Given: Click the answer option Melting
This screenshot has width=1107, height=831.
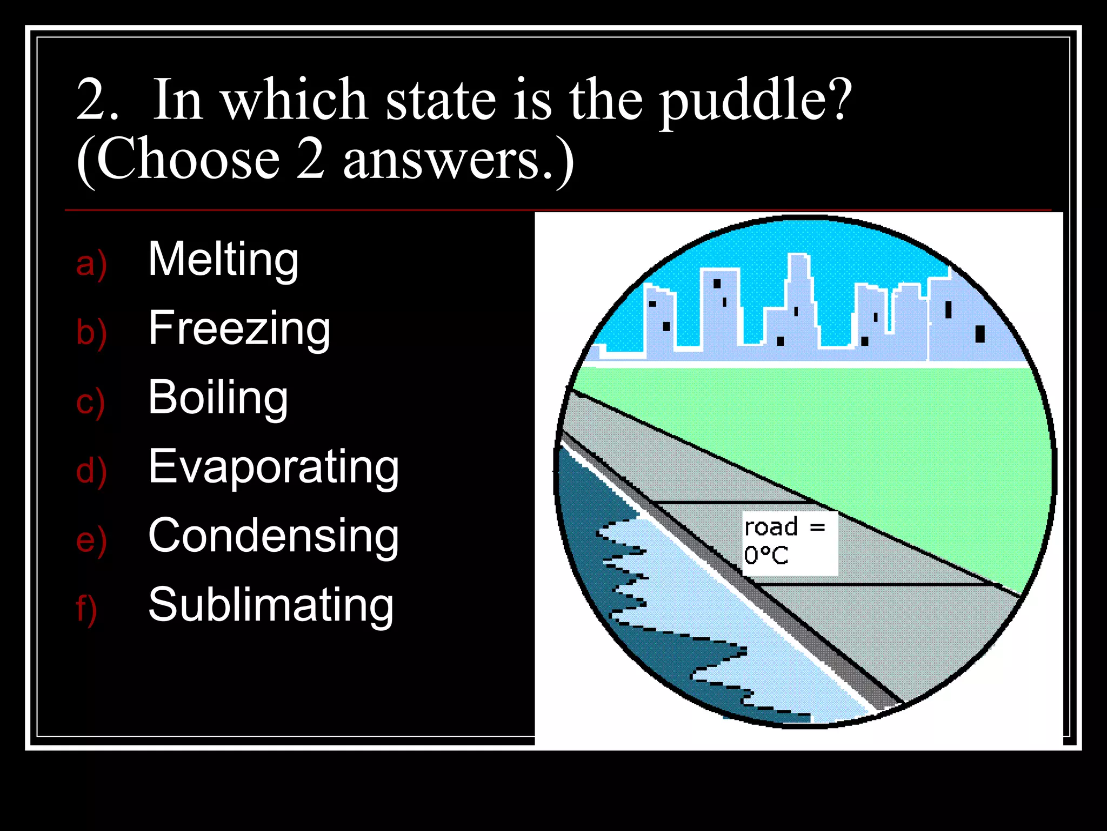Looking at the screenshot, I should [223, 260].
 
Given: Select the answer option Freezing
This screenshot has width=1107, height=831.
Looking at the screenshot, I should [239, 328].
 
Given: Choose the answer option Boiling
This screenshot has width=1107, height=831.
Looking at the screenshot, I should [218, 398].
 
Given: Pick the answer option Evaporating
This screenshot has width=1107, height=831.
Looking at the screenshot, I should [274, 467].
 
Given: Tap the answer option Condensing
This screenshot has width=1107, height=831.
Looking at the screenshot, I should [274, 536].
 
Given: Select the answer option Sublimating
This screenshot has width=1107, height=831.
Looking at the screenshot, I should [271, 605].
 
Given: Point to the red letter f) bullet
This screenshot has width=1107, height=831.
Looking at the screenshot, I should [86, 609].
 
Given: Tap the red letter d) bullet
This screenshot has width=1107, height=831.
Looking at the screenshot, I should [91, 471].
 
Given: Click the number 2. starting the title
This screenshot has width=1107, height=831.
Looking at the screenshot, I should [97, 101].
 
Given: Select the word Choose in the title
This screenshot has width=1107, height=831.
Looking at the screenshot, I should [188, 160].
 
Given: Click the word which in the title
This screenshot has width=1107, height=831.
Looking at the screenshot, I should [295, 101].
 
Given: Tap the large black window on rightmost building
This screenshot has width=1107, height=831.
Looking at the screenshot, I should [979, 334].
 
